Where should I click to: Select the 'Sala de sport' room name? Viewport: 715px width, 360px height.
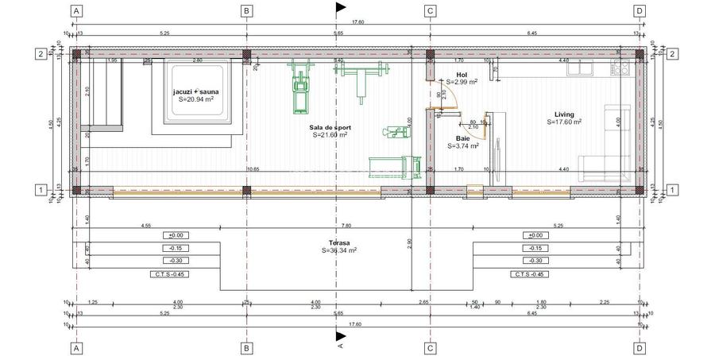pyautogui.click(x=331, y=127)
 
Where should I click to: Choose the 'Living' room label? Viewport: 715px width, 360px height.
pyautogui.click(x=564, y=114)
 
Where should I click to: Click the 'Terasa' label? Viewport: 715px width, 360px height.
pyautogui.click(x=339, y=242)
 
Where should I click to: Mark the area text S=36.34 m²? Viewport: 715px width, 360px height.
pyautogui.click(x=339, y=250)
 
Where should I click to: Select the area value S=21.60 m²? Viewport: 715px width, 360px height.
pyautogui.click(x=331, y=134)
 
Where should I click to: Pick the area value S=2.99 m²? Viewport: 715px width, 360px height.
pyautogui.click(x=461, y=81)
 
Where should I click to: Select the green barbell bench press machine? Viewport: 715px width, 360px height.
pyautogui.click(x=364, y=78)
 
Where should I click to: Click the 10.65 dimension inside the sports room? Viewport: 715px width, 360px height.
pyautogui.click(x=253, y=169)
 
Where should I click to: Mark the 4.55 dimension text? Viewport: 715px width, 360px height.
pyautogui.click(x=146, y=226)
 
